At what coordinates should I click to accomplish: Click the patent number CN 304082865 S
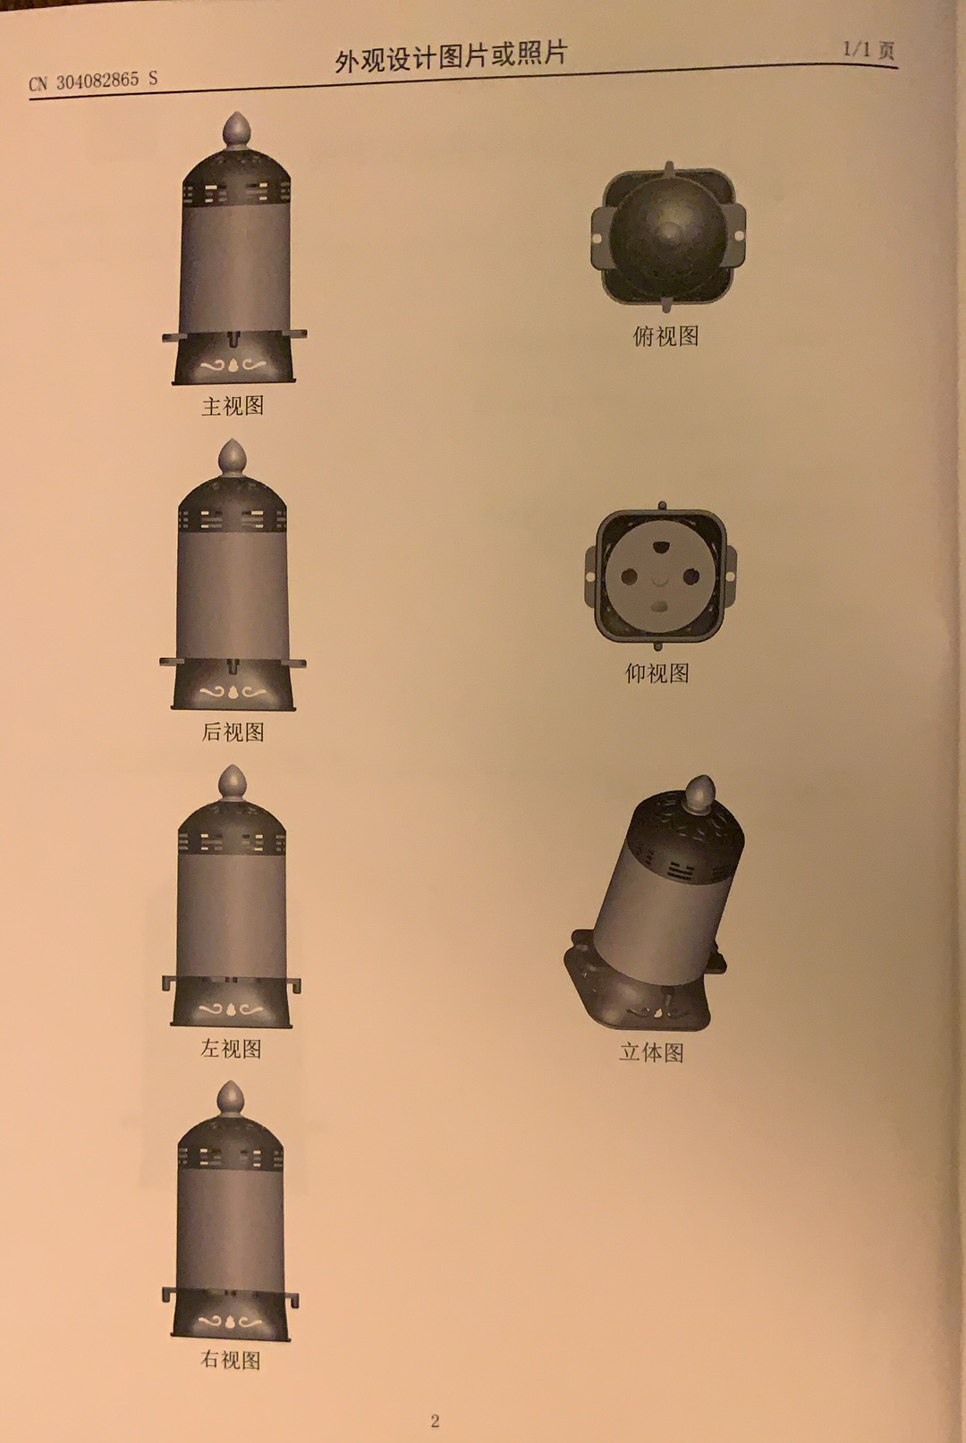[93, 81]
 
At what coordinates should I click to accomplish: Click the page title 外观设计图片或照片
[451, 56]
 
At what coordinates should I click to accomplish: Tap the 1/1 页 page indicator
[869, 49]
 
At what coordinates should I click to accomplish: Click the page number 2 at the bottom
[435, 1421]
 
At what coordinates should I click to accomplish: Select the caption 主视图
[233, 406]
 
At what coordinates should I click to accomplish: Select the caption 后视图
[233, 732]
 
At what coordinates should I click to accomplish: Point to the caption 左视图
[231, 1049]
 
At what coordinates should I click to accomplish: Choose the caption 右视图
[231, 1359]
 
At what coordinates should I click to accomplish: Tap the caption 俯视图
[665, 335]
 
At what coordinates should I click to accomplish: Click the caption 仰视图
[657, 673]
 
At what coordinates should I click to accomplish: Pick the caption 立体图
[651, 1052]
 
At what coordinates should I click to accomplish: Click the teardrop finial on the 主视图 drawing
[236, 131]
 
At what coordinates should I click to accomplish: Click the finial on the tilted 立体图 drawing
[699, 794]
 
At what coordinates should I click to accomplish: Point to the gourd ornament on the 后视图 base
[233, 692]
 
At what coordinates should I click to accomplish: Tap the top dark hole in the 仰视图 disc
[658, 547]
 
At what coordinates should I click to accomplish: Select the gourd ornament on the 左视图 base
[231, 1008]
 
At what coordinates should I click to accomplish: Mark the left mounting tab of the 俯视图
[598, 237]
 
